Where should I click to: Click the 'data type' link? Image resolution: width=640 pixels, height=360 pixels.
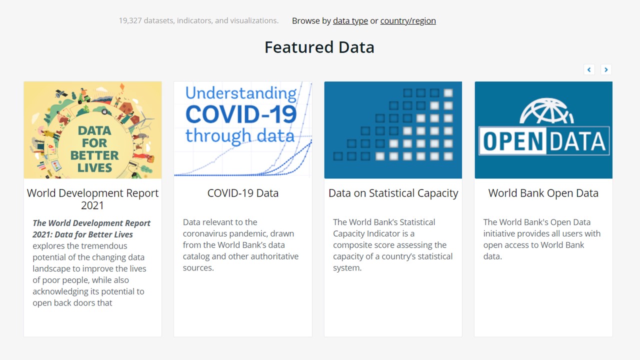pos(350,21)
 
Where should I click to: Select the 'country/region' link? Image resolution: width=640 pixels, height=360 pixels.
pos(408,21)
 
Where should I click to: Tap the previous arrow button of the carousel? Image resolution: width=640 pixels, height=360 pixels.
pos(589,69)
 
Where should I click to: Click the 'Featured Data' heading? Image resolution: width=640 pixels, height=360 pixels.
pos(319,47)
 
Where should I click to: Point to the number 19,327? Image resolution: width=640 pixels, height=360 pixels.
pos(130,21)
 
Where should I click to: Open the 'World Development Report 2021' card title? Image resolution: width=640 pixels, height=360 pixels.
pos(92,199)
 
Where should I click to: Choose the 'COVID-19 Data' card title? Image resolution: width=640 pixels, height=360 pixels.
pos(243,193)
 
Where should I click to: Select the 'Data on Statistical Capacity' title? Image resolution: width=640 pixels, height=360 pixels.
pos(393,193)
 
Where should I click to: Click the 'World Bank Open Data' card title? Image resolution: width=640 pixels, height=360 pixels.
pos(543,193)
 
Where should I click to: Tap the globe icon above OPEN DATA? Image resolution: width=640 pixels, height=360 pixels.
pos(546,111)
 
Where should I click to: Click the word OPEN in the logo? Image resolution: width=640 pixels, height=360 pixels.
pos(513,141)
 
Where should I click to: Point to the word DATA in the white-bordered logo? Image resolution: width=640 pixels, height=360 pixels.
pos(577,141)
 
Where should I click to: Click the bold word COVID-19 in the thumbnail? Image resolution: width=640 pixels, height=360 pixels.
pos(241,114)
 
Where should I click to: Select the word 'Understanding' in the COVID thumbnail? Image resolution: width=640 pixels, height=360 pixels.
pos(241,93)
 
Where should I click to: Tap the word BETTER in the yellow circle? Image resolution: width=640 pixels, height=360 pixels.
pos(94,155)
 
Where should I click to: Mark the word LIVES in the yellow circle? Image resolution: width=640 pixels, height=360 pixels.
pos(94,168)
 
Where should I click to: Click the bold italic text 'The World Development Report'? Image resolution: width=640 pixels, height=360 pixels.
pos(91,223)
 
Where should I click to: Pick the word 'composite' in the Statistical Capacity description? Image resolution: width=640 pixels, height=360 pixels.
pos(351,245)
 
